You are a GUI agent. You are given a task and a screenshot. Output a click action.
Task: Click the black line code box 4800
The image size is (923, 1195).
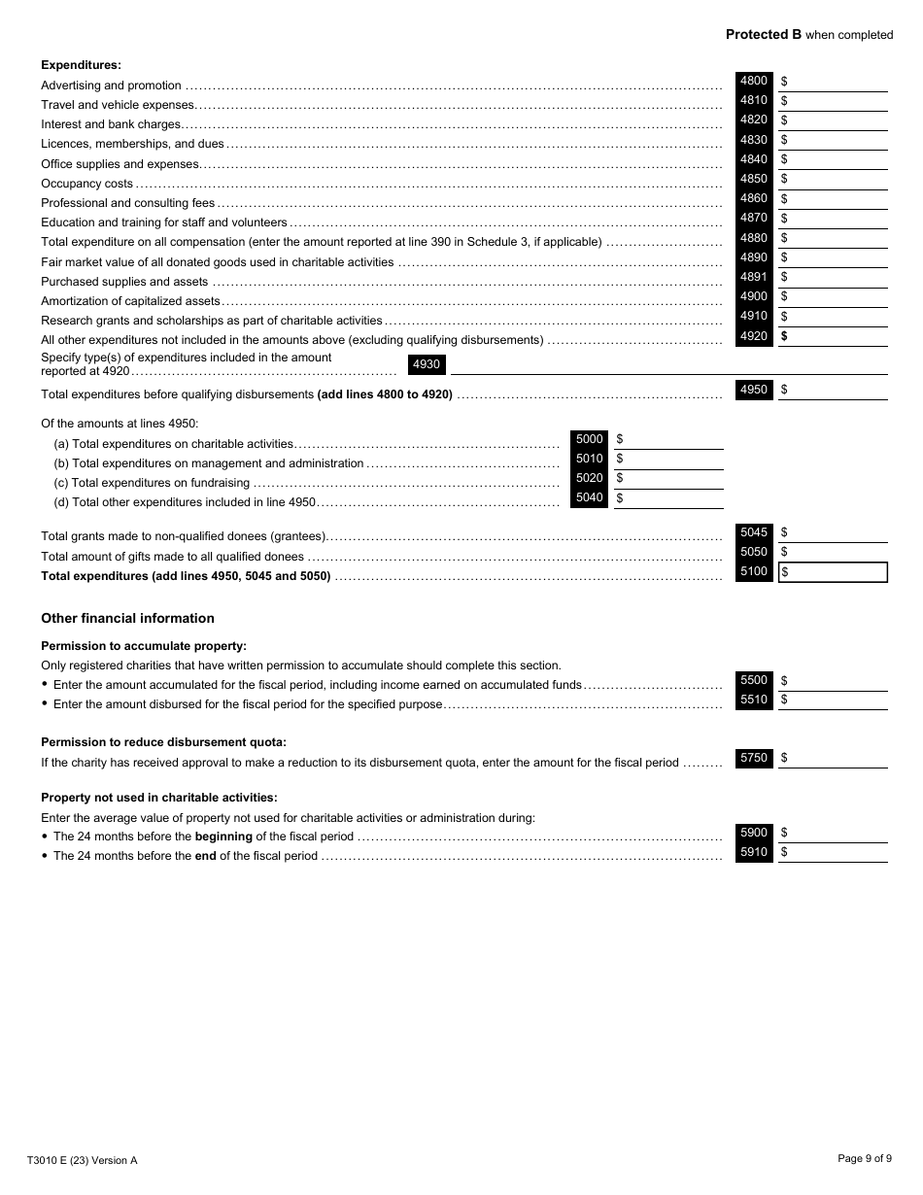point(753,82)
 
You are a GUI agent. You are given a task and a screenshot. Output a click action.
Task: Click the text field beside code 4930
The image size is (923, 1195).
point(668,365)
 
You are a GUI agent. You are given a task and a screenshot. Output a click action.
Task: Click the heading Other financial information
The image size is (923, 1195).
point(127,619)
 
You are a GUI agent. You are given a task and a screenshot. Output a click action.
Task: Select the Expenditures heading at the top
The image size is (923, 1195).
point(81,65)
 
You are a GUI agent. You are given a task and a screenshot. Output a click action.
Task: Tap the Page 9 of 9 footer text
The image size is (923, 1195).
point(864,1158)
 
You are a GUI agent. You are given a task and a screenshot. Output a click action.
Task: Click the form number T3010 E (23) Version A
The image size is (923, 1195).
point(83,1160)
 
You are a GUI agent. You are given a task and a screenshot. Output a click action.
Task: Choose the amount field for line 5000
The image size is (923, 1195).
point(672,440)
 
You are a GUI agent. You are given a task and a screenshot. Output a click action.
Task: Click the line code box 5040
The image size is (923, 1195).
point(589,498)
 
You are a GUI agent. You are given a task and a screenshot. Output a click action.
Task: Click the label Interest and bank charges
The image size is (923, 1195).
point(111,124)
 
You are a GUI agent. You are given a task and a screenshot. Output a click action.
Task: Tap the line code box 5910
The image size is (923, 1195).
point(753,853)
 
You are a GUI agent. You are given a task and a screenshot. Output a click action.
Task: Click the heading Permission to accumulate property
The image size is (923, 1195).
point(144,646)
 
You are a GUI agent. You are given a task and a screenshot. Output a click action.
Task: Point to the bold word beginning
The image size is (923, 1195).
point(223,836)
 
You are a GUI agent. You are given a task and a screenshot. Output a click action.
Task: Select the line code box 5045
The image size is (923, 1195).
point(753,532)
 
